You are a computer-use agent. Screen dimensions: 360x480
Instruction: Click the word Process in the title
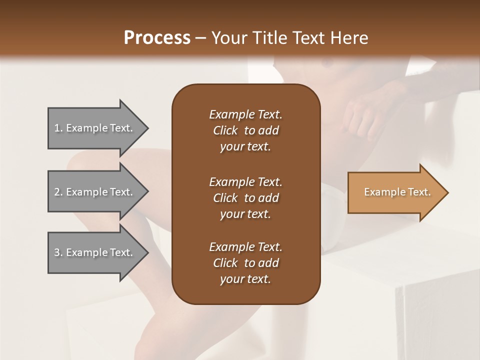pos(157,38)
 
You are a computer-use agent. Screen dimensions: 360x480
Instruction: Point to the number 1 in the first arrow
pos(57,128)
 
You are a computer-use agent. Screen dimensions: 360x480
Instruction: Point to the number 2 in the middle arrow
pos(57,192)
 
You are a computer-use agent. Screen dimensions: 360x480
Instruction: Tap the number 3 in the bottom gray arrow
pos(57,252)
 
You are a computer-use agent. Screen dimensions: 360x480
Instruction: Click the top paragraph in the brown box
pos(245,130)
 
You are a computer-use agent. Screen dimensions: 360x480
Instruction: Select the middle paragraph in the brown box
pos(245,198)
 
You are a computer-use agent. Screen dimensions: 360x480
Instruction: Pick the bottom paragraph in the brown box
pos(245,263)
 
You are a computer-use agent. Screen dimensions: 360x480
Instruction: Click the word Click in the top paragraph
pos(225,130)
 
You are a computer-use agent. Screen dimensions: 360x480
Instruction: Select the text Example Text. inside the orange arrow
pos(397,192)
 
